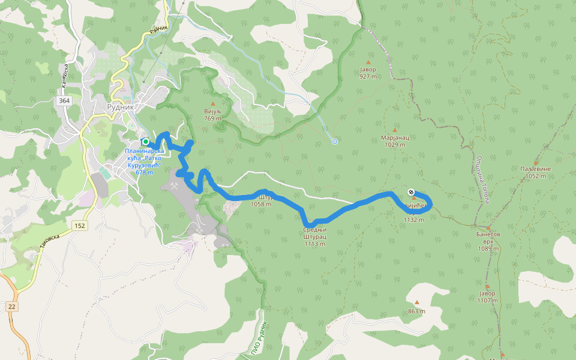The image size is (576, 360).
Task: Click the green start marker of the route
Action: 145,142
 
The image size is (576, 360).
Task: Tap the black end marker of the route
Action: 411,192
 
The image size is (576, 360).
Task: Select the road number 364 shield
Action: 65,101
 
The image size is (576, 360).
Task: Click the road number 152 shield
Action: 79,225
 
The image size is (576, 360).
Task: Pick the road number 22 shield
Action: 12,307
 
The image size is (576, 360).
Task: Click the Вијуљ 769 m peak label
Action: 212,115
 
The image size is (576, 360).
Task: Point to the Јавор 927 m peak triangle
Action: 368,62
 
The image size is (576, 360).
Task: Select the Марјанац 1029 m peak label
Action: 395,140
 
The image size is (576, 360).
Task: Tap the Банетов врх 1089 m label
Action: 488,241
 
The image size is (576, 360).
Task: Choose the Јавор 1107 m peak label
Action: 487,296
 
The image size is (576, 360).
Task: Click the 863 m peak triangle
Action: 417,302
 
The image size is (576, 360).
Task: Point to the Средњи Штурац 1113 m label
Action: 314,236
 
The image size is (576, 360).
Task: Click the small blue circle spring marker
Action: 335,142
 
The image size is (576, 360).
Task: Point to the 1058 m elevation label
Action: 262,204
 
